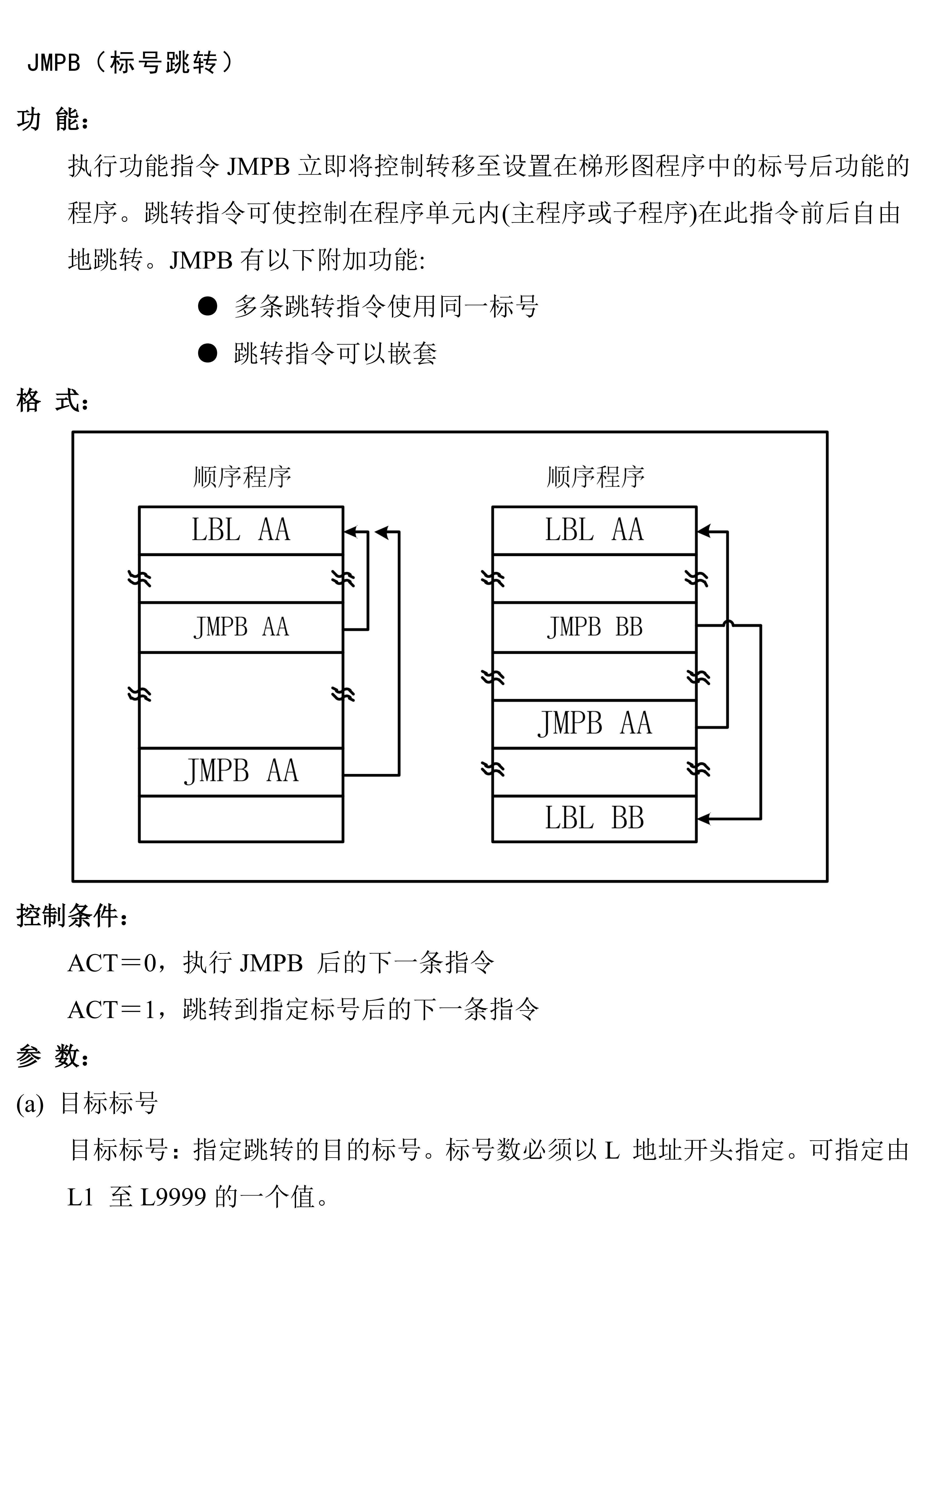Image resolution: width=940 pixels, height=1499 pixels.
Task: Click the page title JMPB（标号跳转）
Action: (130, 63)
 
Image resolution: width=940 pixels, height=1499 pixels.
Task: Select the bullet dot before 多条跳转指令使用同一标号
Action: (208, 306)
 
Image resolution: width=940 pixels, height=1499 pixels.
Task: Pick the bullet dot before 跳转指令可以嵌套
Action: (208, 353)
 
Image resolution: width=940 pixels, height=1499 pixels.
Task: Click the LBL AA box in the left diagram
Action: (241, 530)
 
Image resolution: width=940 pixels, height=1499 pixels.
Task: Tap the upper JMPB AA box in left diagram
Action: (241, 627)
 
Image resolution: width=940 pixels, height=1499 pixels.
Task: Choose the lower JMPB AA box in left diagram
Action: (241, 771)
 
